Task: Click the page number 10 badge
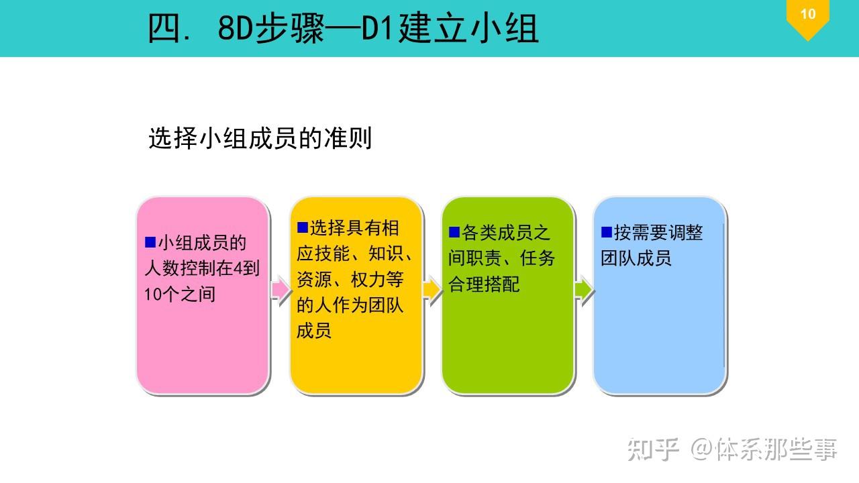pyautogui.click(x=807, y=15)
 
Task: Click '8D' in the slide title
pyautogui.click(x=235, y=29)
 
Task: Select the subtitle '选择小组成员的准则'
pyautogui.click(x=260, y=139)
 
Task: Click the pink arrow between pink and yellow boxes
pyautogui.click(x=280, y=290)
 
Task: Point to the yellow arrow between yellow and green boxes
pyautogui.click(x=432, y=290)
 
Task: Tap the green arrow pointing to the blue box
pyautogui.click(x=584, y=290)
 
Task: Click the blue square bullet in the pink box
pyautogui.click(x=150, y=242)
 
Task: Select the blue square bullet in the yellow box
pyautogui.click(x=302, y=227)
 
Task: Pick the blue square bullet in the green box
pyautogui.click(x=454, y=232)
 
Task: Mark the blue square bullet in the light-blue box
pyautogui.click(x=607, y=232)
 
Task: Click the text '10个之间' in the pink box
pyautogui.click(x=180, y=294)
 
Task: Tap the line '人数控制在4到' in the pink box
pyautogui.click(x=202, y=268)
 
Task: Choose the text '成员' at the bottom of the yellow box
pyautogui.click(x=314, y=331)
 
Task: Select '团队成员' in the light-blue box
pyautogui.click(x=636, y=258)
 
